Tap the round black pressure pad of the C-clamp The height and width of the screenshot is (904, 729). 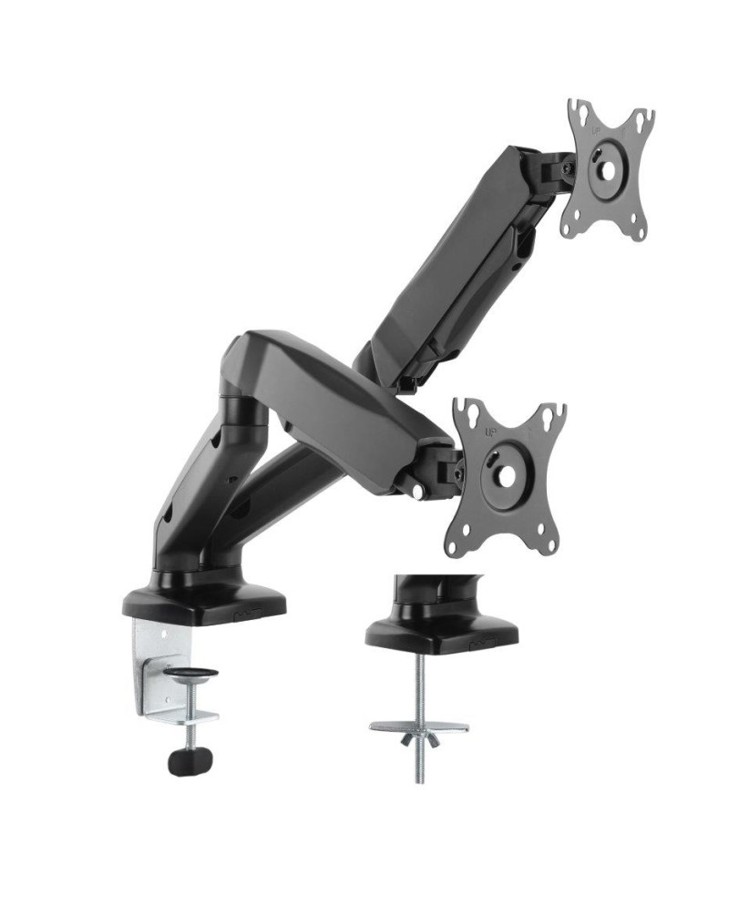click(190, 675)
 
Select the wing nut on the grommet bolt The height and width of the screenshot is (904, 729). click(419, 738)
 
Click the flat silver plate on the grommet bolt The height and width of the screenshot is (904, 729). click(418, 726)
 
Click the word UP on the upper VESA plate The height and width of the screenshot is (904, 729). click(597, 128)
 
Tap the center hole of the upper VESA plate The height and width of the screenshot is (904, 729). click(605, 169)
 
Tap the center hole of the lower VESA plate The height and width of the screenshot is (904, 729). click(506, 469)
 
